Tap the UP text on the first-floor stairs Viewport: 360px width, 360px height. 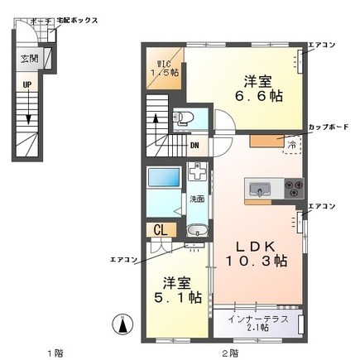tap(27, 85)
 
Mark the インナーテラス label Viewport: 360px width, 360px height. tap(257, 316)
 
